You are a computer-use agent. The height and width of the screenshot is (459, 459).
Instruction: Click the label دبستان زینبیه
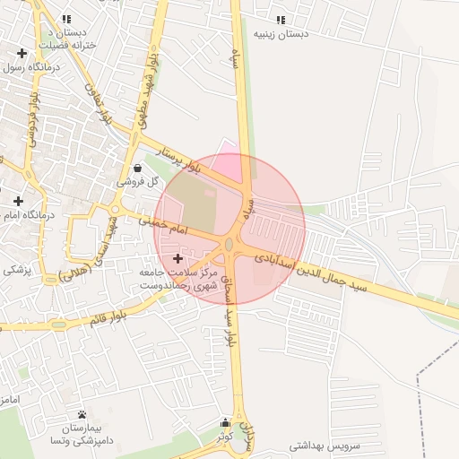pos(281,35)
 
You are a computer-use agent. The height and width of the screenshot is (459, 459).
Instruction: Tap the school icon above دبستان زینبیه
pos(281,20)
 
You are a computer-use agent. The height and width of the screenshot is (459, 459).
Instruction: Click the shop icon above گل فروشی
pos(136,168)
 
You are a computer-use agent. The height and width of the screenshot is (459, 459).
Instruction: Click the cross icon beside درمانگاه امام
pos(18,201)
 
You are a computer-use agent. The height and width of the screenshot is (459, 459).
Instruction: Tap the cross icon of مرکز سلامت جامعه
pos(178,258)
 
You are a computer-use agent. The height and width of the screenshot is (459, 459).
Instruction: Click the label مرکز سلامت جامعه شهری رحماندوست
pos(174,277)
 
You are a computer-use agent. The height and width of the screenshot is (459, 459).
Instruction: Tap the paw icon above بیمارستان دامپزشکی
pos(82,414)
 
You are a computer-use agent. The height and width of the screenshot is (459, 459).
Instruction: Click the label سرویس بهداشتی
pos(324,445)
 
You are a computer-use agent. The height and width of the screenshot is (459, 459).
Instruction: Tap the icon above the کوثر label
pos(225,421)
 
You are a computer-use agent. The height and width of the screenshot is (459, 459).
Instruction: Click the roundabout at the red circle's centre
pos(229,244)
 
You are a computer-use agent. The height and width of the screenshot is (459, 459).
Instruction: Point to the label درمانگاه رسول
pos(30,66)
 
